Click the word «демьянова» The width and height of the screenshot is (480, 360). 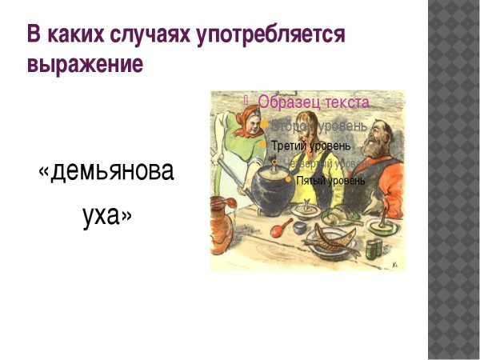click(106, 170)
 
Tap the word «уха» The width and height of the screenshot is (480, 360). click(106, 214)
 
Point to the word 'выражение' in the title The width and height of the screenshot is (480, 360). click(84, 64)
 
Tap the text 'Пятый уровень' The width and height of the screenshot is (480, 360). click(330, 181)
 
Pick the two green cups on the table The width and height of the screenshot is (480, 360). click(372, 248)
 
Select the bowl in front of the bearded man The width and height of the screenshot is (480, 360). click(381, 225)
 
